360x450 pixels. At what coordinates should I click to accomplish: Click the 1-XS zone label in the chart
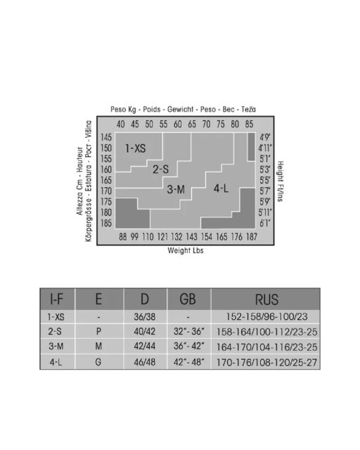point(135,148)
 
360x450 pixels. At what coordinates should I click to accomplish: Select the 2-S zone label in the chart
point(160,169)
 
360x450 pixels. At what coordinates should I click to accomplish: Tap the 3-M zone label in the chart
point(176,189)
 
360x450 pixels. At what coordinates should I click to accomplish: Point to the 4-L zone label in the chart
point(221,188)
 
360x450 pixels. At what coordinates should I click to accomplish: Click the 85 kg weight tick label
point(249,124)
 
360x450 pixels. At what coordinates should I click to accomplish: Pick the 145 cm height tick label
point(106,137)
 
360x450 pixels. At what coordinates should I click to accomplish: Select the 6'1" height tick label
point(265,223)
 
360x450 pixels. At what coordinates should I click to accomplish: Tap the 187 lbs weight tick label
point(252,237)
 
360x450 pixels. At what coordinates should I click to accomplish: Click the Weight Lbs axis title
point(186,250)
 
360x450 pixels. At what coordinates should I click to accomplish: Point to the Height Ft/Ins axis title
point(280,181)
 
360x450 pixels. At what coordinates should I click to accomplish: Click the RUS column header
point(266,300)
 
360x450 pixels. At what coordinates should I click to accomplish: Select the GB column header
point(188,299)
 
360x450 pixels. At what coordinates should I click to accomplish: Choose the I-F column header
point(56,299)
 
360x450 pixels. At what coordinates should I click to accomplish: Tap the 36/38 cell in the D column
point(145,317)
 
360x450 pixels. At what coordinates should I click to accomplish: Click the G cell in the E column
point(98,362)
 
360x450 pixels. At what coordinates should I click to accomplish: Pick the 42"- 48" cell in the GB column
point(188,362)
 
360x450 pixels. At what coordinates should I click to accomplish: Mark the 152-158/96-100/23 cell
point(266,317)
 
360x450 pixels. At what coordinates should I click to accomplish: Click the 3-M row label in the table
point(56,347)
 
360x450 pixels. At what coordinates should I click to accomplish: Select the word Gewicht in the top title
point(180,110)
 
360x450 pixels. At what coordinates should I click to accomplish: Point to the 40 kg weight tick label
point(120,124)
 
